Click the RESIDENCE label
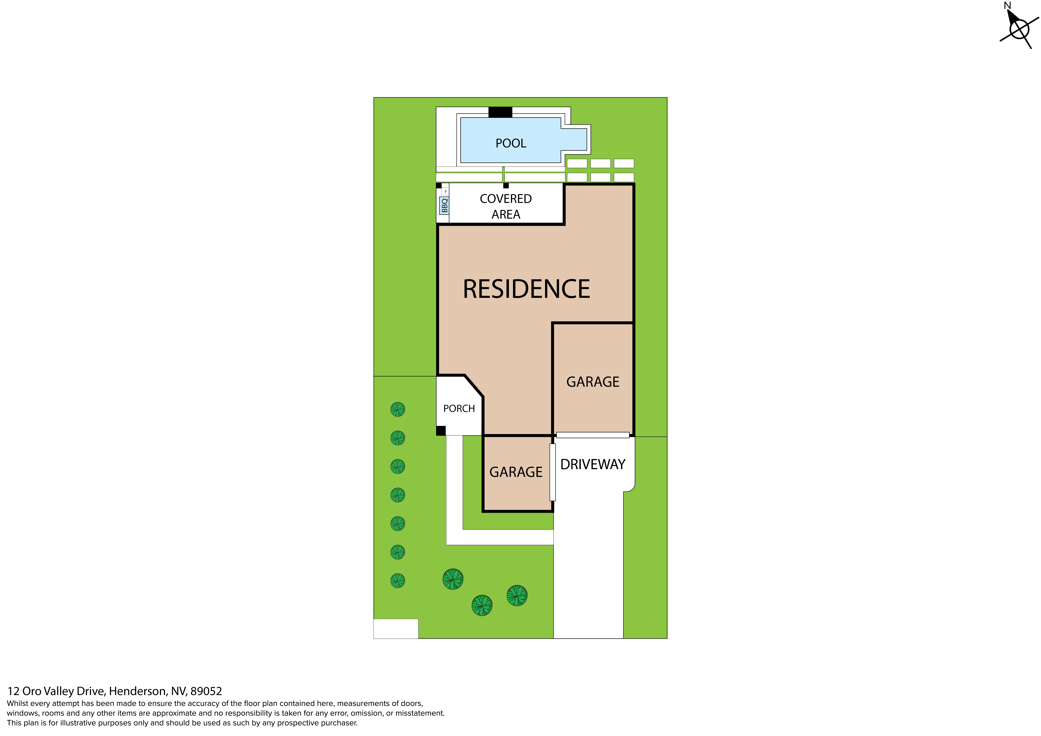pos(526,289)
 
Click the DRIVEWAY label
pos(593,465)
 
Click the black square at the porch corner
pos(441,431)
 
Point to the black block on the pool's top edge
pos(500,112)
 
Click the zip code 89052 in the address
pos(206,691)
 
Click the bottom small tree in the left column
pos(398,581)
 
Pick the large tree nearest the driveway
pos(517,596)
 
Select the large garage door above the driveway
pos(593,435)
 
